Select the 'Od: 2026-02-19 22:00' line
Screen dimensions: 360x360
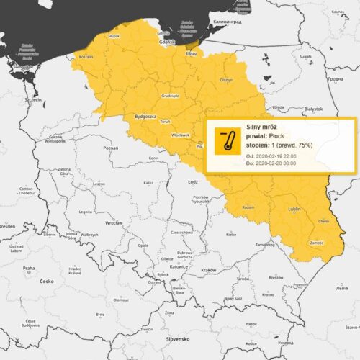click(270, 156)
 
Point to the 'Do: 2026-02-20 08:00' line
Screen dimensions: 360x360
click(270, 163)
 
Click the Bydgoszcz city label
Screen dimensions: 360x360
click(146, 115)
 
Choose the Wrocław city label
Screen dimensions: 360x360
click(113, 222)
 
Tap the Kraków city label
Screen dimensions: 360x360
click(209, 269)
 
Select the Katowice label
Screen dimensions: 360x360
click(179, 266)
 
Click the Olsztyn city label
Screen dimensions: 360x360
click(226, 80)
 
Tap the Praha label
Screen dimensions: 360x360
click(28, 268)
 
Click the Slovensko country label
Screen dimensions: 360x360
click(177, 338)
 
